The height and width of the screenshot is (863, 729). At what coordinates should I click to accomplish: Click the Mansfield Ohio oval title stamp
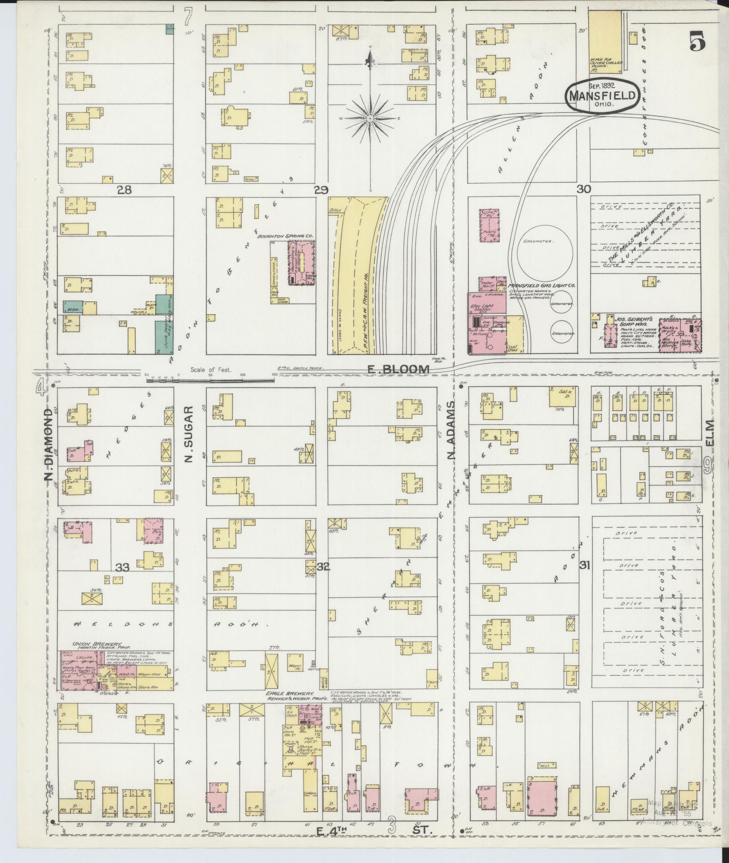point(602,95)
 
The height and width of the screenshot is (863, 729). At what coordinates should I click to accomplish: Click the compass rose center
point(370,118)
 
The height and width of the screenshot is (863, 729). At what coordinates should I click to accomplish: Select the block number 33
point(122,568)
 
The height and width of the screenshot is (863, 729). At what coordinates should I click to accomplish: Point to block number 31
point(583,565)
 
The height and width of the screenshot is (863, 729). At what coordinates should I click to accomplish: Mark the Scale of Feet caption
point(210,370)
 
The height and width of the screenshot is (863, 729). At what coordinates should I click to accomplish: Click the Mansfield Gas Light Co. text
point(543,285)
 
